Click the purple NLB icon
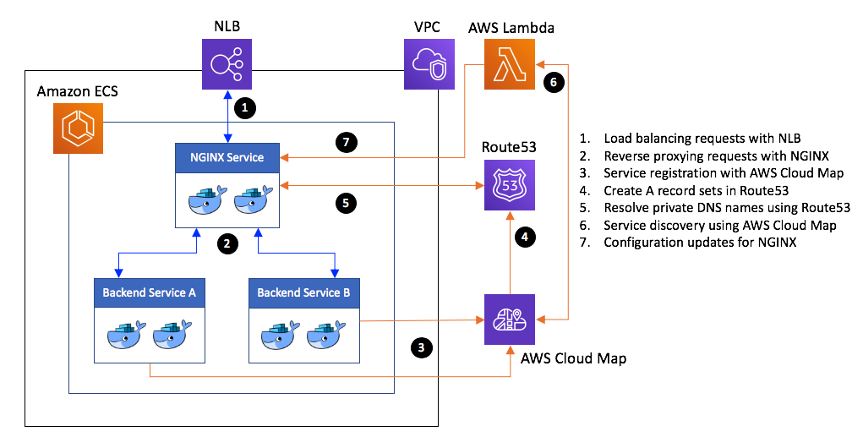click(x=227, y=65)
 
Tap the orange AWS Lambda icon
click(x=511, y=65)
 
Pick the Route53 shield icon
click(x=510, y=184)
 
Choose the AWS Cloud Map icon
click(x=510, y=320)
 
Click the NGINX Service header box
click(x=227, y=157)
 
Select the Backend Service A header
click(x=150, y=292)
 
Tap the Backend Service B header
click(x=304, y=292)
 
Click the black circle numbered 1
click(x=245, y=109)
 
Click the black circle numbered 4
click(x=525, y=238)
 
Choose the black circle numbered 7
click(x=343, y=143)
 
